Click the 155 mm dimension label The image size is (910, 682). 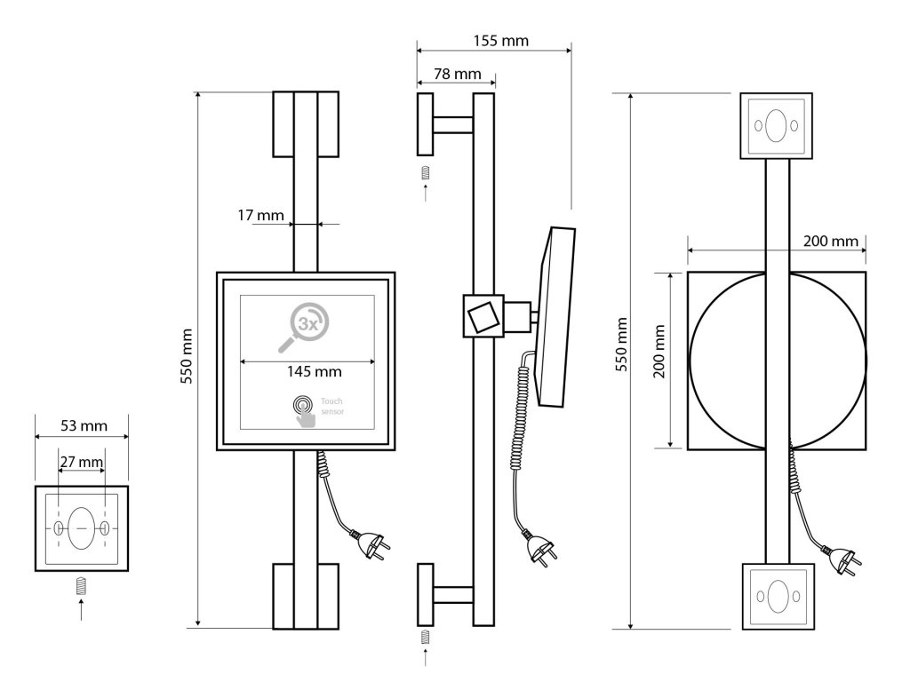tap(501, 41)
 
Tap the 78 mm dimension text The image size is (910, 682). tap(458, 75)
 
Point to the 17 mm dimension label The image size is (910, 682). tap(260, 215)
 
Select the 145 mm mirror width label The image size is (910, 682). tap(314, 371)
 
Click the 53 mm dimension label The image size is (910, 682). tap(84, 425)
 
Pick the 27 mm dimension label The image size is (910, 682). tap(82, 462)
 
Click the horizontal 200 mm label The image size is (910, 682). tap(831, 241)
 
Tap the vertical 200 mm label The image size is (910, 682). tap(659, 352)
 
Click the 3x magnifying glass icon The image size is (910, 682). tap(304, 327)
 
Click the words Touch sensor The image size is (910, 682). tap(332, 406)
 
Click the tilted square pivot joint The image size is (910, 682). tap(483, 316)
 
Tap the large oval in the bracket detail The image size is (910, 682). tap(81, 528)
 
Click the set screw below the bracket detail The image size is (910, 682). tap(81, 586)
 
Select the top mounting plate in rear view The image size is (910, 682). tap(776, 126)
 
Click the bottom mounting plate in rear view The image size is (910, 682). tap(778, 596)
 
